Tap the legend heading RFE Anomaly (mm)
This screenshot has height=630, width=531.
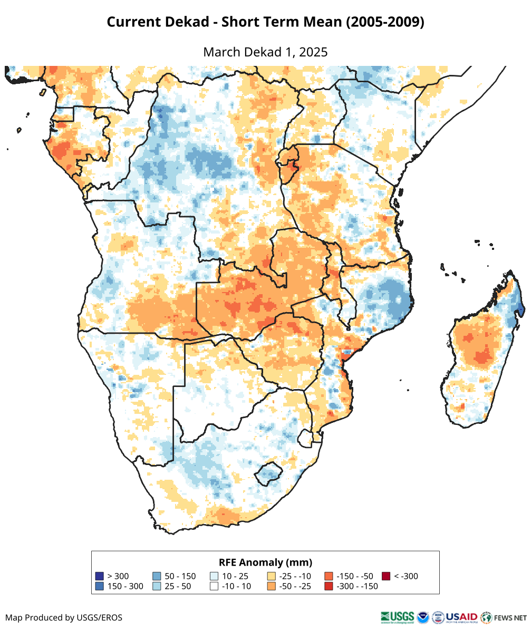265,562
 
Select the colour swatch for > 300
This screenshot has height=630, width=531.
99,576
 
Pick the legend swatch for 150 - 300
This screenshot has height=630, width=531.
99,586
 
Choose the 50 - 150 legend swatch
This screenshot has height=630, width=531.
157,576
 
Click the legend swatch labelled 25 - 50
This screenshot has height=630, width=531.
157,586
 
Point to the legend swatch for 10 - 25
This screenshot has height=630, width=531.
214,576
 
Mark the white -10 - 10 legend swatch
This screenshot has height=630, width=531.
214,586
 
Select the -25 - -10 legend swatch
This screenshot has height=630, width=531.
272,576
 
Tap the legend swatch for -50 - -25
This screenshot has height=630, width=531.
272,586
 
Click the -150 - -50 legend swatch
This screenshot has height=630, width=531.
329,576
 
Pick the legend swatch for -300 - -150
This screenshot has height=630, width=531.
329,586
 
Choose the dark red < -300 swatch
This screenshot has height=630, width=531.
386,576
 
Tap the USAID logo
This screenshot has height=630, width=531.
462,617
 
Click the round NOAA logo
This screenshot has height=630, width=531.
423,617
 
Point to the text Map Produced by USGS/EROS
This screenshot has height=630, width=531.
64,617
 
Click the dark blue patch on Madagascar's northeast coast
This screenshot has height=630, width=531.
520,307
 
